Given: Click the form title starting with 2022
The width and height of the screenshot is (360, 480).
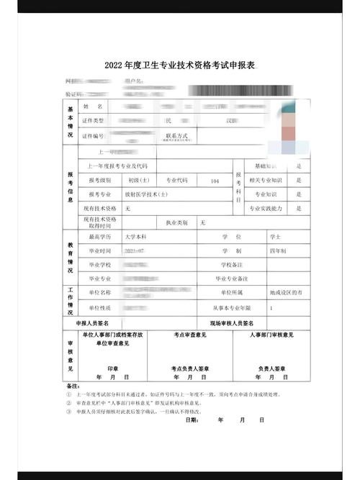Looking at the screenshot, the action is tap(179, 65).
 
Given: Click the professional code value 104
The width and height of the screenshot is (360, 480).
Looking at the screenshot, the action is tap(215, 181).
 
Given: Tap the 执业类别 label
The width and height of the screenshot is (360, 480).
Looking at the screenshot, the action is tap(176, 222).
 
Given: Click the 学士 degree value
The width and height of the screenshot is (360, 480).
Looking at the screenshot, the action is tap(275, 236).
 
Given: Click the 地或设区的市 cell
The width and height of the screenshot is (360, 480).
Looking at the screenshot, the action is tap(286, 293).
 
